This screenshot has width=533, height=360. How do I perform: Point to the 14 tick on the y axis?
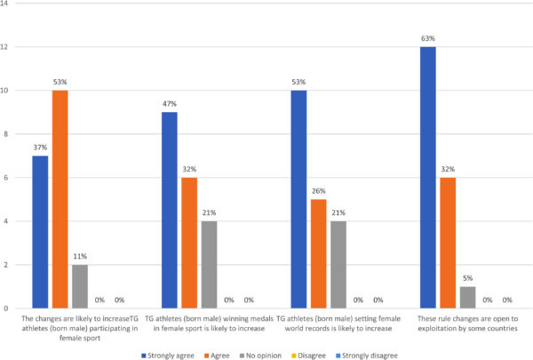(x=8, y=4)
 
